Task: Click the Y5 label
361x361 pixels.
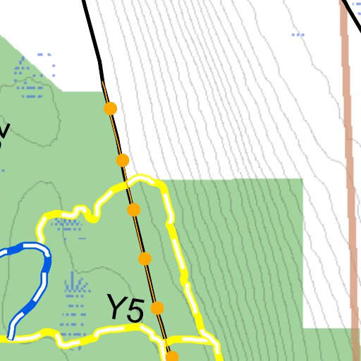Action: (x=126, y=309)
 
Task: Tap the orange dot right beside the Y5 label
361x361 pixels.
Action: (x=157, y=308)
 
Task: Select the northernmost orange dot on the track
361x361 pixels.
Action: (x=110, y=109)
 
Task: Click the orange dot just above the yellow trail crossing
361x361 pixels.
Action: (x=123, y=160)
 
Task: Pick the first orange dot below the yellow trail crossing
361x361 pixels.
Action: (x=133, y=209)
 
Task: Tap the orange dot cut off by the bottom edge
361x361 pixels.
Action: (x=172, y=357)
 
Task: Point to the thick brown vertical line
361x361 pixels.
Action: (x=347, y=176)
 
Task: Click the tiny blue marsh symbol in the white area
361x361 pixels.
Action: (x=298, y=33)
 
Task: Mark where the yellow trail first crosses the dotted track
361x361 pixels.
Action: (x=127, y=184)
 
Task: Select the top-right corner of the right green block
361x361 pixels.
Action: (x=302, y=180)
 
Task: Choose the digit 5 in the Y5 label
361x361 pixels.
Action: (x=135, y=310)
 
